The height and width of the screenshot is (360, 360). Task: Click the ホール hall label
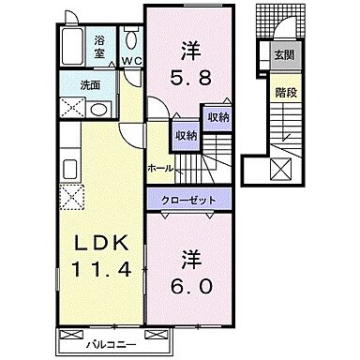[159, 168]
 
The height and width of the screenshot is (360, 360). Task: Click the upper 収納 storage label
[217, 116]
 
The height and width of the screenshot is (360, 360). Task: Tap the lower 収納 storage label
[187, 136]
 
